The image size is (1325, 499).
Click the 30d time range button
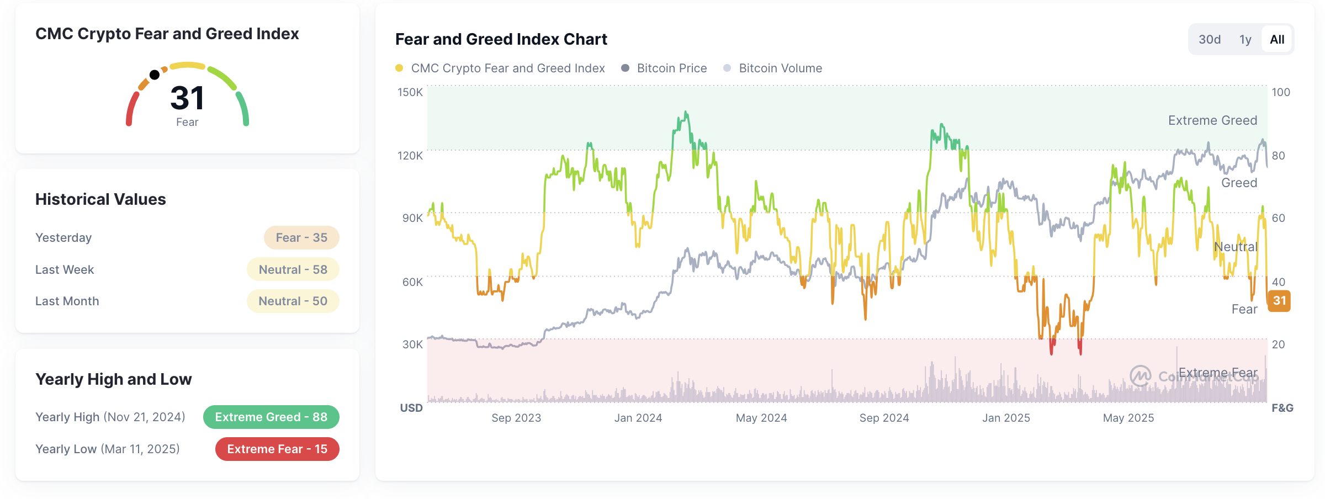click(1209, 40)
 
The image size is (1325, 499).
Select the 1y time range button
click(1245, 40)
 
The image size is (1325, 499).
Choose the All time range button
click(1277, 40)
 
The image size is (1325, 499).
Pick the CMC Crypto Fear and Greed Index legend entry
click(500, 68)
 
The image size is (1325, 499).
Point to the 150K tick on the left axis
click(410, 92)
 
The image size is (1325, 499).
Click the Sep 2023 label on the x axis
click(516, 418)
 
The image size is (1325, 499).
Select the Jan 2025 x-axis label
click(1006, 418)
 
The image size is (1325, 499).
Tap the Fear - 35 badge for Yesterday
click(301, 238)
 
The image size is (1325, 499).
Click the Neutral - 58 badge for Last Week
click(293, 270)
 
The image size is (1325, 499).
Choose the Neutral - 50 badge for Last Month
click(293, 301)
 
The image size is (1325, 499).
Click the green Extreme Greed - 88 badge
click(271, 417)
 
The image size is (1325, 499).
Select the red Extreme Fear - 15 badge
click(277, 449)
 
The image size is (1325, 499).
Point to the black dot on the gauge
click(155, 75)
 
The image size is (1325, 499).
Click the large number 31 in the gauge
click(187, 98)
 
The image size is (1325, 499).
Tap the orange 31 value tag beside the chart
click(1279, 301)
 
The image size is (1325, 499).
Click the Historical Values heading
click(100, 199)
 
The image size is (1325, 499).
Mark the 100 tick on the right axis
click(1281, 92)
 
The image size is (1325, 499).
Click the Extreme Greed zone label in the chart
click(1212, 120)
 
